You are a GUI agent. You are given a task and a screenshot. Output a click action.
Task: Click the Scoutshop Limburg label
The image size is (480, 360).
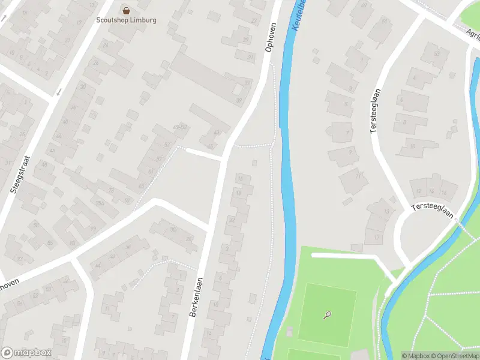click(126, 20)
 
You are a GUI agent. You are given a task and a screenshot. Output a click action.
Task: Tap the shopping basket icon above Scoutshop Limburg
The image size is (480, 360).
click(126, 10)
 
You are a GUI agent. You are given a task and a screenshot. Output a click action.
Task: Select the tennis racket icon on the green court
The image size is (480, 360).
click(327, 314)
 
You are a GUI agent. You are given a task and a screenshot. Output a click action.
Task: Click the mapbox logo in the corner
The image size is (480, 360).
click(26, 352)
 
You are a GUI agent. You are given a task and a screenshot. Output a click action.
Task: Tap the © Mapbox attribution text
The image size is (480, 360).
click(416, 356)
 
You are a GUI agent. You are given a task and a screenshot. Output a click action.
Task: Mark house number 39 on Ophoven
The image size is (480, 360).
click(238, 100)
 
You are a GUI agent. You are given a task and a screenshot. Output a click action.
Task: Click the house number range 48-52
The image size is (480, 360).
click(179, 127)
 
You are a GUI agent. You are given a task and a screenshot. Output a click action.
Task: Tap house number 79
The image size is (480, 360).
click(93, 229)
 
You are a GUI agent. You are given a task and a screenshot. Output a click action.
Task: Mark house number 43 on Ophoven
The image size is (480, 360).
click(217, 133)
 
